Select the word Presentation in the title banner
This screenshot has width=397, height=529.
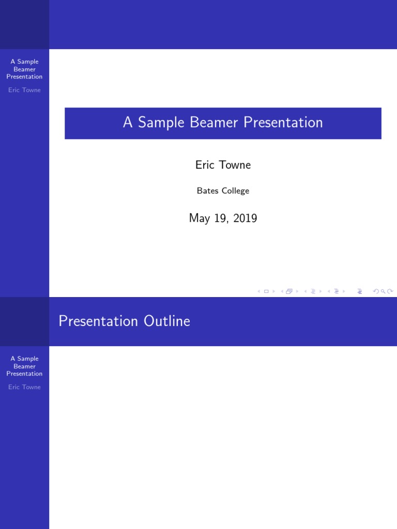[283, 122]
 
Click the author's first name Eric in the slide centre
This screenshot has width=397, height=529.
[205, 165]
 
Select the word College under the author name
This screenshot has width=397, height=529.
[235, 191]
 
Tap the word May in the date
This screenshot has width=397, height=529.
[200, 219]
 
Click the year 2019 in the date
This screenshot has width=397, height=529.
[245, 218]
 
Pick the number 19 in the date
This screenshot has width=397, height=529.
[221, 219]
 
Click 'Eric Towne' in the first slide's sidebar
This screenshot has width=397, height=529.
[24, 90]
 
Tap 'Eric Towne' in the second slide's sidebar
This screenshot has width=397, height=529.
[24, 387]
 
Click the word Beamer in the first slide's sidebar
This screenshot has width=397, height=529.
[24, 69]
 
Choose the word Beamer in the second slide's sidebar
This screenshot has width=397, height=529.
[24, 366]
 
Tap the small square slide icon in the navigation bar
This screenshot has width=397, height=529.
[266, 291]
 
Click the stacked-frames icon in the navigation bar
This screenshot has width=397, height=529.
[289, 291]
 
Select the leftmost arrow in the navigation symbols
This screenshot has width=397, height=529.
[259, 291]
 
